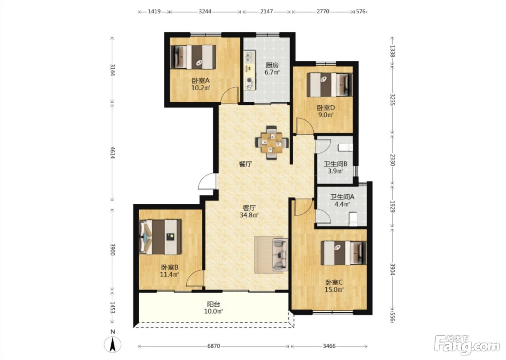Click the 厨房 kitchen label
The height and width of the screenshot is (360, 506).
[272, 66]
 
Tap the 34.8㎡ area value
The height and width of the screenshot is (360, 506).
[249, 215]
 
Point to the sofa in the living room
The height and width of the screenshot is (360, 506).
[280, 254]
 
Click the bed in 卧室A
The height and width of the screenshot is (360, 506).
[193, 57]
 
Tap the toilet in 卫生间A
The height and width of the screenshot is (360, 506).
[353, 219]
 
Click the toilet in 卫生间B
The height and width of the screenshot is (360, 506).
[346, 148]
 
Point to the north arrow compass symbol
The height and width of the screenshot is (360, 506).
[112, 344]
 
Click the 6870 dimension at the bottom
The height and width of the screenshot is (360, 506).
[214, 346]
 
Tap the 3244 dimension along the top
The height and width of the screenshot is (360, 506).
[205, 11]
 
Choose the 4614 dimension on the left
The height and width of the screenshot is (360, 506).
[112, 153]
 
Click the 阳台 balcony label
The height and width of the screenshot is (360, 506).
[214, 304]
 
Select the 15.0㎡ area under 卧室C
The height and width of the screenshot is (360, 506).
[334, 290]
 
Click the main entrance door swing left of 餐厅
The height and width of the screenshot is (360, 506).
[207, 181]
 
